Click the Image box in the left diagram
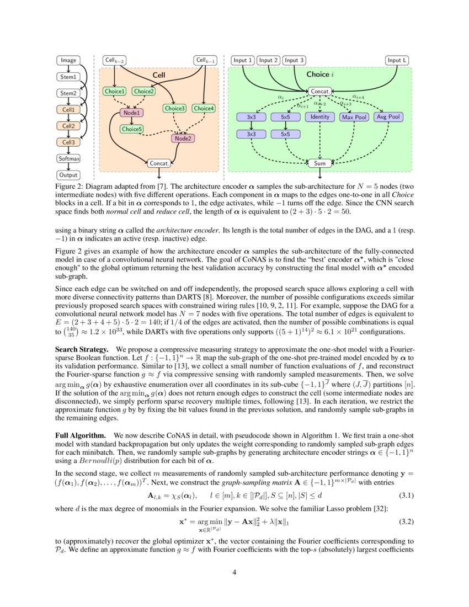tap(68, 60)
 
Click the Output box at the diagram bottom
tap(68, 175)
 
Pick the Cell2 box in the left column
tap(68, 125)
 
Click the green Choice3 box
tap(175, 109)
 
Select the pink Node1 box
tap(131, 113)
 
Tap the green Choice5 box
tap(132, 129)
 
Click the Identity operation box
tap(320, 117)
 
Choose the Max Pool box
tap(353, 118)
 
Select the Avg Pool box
tap(388, 117)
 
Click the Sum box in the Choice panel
tap(320, 163)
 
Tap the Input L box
tap(398, 60)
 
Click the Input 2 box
tap(269, 60)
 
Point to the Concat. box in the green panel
tap(320, 91)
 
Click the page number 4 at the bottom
tap(234, 572)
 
